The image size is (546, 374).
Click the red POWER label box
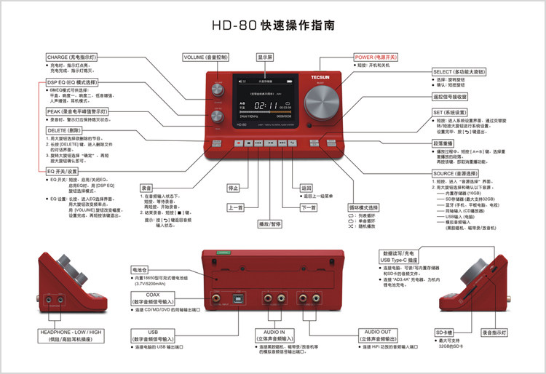tap(375, 56)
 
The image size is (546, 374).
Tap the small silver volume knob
tap(216, 89)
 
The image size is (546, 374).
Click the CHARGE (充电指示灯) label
tap(71, 56)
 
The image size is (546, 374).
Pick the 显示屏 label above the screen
tap(265, 56)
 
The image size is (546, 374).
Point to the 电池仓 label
tap(141, 269)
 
